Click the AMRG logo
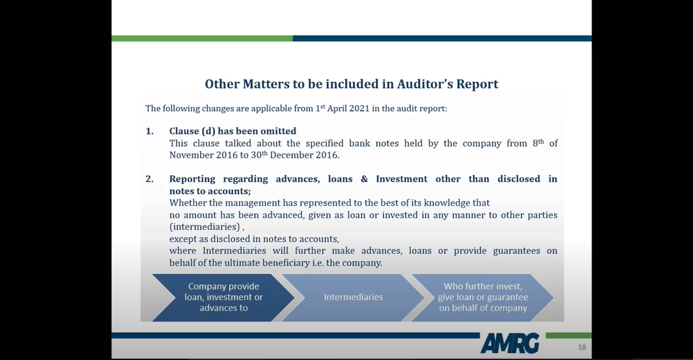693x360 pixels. pyautogui.click(x=509, y=343)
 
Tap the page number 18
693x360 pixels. pyautogui.click(x=582, y=347)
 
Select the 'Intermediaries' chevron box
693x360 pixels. pyautogui.click(x=353, y=297)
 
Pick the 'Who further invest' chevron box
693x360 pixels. pyautogui.click(x=483, y=297)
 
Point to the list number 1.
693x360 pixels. pyautogui.click(x=149, y=131)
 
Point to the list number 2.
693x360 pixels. pyautogui.click(x=149, y=179)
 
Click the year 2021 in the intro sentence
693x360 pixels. pyautogui.click(x=359, y=109)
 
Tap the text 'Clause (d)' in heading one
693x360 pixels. pyautogui.click(x=192, y=131)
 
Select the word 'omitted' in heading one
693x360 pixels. pyautogui.click(x=279, y=131)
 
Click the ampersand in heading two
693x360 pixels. pyautogui.click(x=364, y=179)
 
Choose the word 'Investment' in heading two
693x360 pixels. pyautogui.click(x=402, y=179)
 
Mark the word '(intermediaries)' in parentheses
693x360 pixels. pyautogui.click(x=205, y=227)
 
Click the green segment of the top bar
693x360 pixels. pyautogui.click(x=202, y=39)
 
